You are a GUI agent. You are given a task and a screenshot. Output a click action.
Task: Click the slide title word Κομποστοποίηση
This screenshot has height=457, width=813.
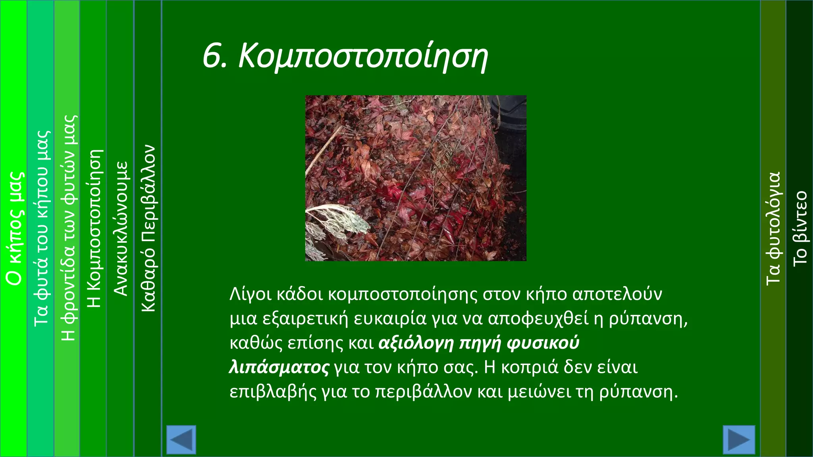pyautogui.click(x=363, y=57)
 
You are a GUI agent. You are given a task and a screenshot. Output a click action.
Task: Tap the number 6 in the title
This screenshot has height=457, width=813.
pyautogui.click(x=212, y=56)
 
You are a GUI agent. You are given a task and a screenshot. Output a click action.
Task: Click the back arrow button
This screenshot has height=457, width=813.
pyautogui.click(x=181, y=440)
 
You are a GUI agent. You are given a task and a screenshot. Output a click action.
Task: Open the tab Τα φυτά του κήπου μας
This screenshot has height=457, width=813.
pyautogui.click(x=41, y=228)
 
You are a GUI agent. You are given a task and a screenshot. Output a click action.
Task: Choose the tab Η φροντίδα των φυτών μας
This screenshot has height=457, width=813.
pyautogui.click(x=67, y=228)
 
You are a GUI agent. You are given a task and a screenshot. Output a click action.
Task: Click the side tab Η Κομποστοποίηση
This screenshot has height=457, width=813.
pyautogui.click(x=94, y=228)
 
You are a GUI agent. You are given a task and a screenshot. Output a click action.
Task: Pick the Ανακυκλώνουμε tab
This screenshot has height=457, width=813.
pyautogui.click(x=120, y=228)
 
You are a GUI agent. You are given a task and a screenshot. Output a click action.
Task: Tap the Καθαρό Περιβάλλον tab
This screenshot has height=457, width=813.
pyautogui.click(x=148, y=228)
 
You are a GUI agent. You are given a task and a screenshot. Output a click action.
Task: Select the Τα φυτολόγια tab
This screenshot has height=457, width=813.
pyautogui.click(x=773, y=228)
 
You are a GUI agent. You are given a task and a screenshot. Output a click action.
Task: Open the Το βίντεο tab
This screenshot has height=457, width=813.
pyautogui.click(x=800, y=228)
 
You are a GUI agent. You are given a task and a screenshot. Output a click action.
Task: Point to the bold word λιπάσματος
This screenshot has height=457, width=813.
pyautogui.click(x=279, y=367)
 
